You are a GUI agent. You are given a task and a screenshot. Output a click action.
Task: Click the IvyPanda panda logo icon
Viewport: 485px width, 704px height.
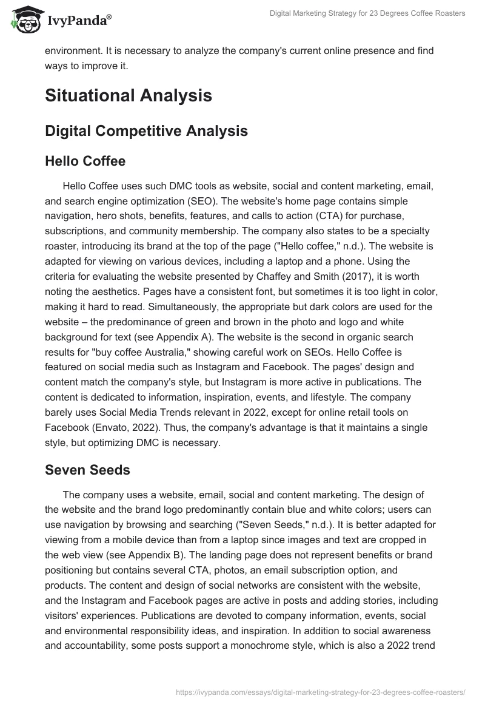tap(24, 18)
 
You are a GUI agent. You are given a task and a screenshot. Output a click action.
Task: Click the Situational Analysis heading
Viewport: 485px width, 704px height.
tap(128, 95)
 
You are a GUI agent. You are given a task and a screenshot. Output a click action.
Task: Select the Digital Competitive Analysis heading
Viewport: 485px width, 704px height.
tap(146, 130)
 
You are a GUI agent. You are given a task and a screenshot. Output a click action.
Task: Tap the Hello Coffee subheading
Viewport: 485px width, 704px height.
tap(85, 161)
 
